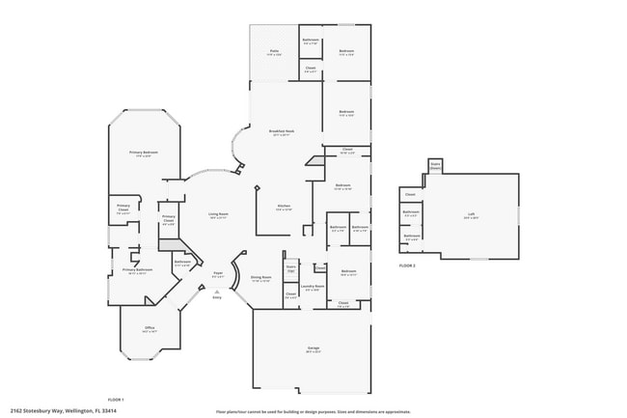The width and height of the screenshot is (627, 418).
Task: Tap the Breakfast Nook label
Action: pos(283,131)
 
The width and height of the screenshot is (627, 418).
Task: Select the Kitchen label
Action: pos(284,207)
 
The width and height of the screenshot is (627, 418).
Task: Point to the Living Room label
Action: pos(218,214)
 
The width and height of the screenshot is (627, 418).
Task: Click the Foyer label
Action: pos(218,274)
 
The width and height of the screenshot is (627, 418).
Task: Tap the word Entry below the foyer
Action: pos(217,297)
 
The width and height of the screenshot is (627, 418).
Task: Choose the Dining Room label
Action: pos(260,278)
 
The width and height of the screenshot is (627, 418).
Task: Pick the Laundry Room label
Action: pos(312,287)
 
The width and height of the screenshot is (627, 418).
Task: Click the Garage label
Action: pos(313,348)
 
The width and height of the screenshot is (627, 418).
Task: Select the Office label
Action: pos(150,330)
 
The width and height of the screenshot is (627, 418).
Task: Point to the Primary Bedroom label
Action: pos(144,153)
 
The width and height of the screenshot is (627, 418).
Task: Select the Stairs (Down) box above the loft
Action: pos(435,166)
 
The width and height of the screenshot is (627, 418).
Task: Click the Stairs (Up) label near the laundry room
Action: pos(291,267)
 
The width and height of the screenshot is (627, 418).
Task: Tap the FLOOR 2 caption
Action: pos(407,265)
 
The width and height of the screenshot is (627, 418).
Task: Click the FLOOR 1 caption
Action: pos(116,399)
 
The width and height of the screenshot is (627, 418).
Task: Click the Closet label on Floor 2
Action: pos(410,194)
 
